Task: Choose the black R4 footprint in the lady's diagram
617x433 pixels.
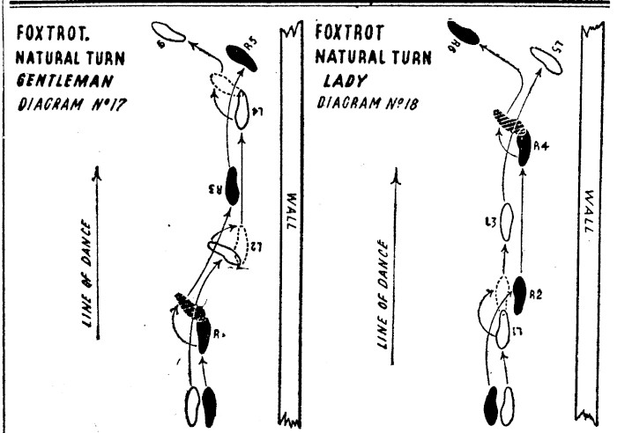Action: (x=524, y=150)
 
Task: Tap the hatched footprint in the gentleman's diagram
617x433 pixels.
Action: (x=190, y=305)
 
